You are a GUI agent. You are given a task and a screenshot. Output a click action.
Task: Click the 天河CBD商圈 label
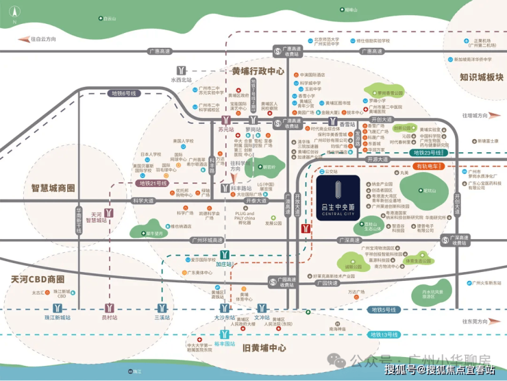38,279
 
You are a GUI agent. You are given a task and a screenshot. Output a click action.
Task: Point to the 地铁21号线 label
155,183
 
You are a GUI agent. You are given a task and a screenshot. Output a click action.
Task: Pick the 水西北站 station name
182,80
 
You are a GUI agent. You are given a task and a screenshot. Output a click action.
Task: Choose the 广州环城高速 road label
208,240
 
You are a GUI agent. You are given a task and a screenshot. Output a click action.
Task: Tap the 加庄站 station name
225,263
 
